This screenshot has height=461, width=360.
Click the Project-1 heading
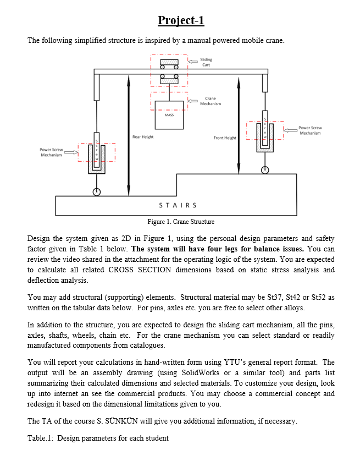click(x=181, y=20)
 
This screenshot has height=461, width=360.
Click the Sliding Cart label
click(x=206, y=62)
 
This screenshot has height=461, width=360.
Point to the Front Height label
click(x=224, y=138)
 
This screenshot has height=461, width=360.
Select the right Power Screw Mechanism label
click(x=311, y=130)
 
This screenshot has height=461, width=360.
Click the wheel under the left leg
click(x=97, y=191)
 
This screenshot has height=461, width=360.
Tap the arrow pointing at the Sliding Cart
click(x=192, y=62)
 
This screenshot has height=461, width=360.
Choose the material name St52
click(x=325, y=297)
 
